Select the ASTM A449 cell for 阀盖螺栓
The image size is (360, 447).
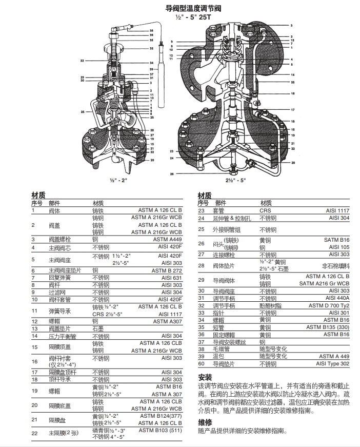coord(170,240)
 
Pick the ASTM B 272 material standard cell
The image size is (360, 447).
coord(169,270)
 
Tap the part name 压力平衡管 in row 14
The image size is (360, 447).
coord(61,336)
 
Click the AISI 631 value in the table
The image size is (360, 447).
coord(171,278)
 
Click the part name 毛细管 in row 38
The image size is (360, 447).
coord(222,349)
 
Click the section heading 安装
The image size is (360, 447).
coord(205,377)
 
